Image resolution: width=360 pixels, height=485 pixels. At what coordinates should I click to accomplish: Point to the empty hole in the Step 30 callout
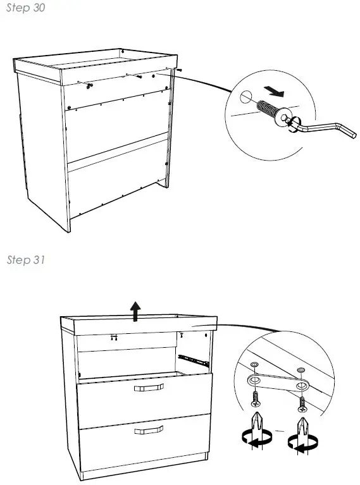point(245,98)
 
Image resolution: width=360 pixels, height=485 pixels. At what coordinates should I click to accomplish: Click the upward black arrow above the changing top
point(135,310)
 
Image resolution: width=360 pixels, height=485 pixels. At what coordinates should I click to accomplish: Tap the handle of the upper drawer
point(148,387)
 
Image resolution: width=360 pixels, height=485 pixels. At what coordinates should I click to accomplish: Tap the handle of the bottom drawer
point(148,431)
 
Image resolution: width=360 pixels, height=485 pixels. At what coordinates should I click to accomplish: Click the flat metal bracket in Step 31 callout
point(275,383)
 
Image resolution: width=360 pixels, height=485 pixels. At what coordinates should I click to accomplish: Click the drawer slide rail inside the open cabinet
point(193,359)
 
